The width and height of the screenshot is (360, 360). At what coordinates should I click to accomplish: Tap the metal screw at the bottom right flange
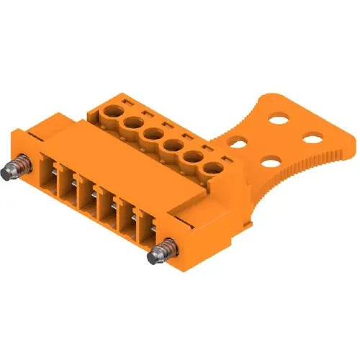pyautogui.click(x=160, y=253)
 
